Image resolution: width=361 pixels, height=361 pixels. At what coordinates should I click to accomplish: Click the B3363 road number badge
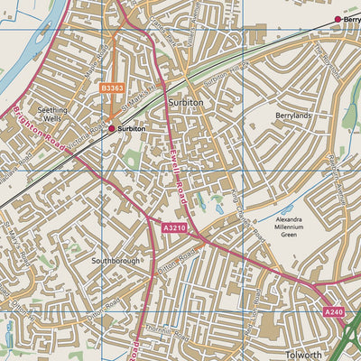click(x=112, y=88)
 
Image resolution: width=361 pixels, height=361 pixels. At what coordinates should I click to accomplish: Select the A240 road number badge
click(x=333, y=311)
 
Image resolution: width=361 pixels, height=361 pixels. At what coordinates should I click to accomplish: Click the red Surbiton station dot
click(x=112, y=129)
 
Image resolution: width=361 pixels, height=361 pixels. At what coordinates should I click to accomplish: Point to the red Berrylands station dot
click(x=338, y=19)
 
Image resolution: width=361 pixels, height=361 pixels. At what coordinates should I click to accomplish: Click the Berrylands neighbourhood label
click(x=293, y=116)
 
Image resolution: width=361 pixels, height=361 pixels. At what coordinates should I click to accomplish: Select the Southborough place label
click(x=116, y=260)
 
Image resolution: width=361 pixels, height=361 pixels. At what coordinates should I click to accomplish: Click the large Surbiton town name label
click(x=186, y=104)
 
